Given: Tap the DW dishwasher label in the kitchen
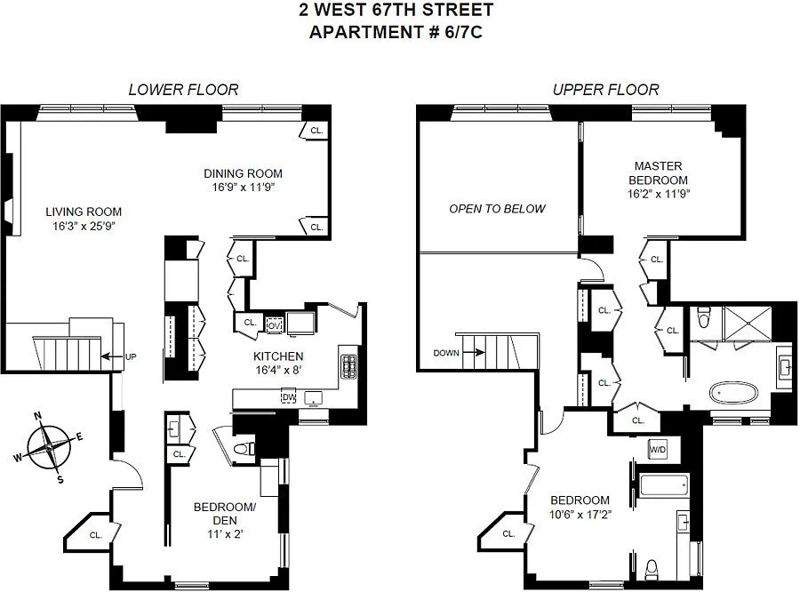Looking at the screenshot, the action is tap(289, 397).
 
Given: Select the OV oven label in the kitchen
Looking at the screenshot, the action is tap(274, 325).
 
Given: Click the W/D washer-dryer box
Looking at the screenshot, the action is tap(658, 450).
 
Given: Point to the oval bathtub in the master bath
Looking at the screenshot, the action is tap(733, 394).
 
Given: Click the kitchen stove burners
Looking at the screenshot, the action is tap(349, 367).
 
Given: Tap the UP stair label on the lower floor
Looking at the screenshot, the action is tap(131, 356).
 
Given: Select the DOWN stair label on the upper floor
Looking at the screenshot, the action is tap(446, 353).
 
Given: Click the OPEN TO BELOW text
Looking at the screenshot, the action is tap(498, 209).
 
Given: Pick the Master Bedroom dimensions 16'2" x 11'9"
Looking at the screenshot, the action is tap(658, 195).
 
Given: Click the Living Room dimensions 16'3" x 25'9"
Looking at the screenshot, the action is tap(84, 226).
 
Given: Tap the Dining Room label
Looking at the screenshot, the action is tap(243, 173).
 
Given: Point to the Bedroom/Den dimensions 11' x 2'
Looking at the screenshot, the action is tap(225, 534).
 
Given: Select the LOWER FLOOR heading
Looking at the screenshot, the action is tap(184, 90).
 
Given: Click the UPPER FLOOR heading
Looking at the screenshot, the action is tap(606, 90).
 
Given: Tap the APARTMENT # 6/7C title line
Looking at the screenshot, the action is tap(396, 32).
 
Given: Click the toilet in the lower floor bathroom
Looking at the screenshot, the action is tap(244, 449).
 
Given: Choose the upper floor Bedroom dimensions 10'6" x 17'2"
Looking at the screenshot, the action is tap(580, 515).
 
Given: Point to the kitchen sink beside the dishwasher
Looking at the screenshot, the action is tap(313, 397).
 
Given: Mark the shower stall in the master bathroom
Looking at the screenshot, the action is tap(748, 323).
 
